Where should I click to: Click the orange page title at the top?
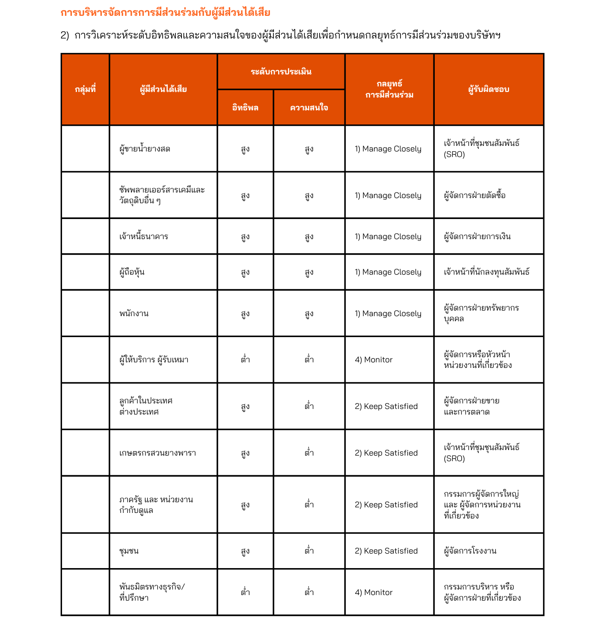(x=165, y=13)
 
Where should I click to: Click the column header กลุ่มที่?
(x=85, y=89)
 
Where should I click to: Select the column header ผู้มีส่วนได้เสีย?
(x=163, y=89)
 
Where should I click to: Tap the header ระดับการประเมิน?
(x=281, y=71)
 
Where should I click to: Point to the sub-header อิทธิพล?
(x=245, y=107)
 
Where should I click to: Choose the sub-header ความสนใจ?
(x=309, y=107)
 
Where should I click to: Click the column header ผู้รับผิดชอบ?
(x=489, y=89)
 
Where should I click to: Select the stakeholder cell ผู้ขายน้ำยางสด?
(x=145, y=149)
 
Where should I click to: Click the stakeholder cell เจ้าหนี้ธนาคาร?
(x=144, y=237)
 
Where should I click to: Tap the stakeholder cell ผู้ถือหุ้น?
(x=132, y=272)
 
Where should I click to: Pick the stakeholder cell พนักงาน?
(x=134, y=314)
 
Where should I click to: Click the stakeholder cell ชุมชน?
(x=129, y=551)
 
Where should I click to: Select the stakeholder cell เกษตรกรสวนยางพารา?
(x=157, y=453)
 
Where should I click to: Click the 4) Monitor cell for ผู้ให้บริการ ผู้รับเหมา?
(x=374, y=360)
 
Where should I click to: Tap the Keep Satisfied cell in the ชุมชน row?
(x=386, y=551)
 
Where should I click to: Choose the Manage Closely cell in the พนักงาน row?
(x=388, y=314)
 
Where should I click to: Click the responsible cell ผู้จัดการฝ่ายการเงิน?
(x=477, y=237)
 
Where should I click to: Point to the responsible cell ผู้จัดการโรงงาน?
(x=470, y=551)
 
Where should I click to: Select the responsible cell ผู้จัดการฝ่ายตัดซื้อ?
(x=475, y=195)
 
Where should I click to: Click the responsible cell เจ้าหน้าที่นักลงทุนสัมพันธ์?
(x=487, y=272)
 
